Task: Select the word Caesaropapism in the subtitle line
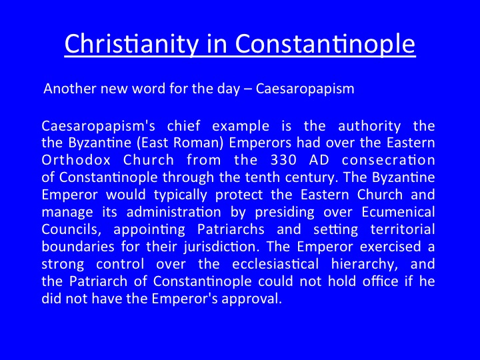305,89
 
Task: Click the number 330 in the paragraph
284,160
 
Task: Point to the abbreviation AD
319,160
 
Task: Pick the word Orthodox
76,160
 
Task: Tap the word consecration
389,160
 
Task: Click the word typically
180,195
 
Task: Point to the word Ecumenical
398,212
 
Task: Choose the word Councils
71,229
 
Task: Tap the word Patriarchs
231,229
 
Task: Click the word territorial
403,229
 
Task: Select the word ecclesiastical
275,264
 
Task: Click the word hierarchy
365,265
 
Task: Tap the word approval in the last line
251,299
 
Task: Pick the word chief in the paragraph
184,126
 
